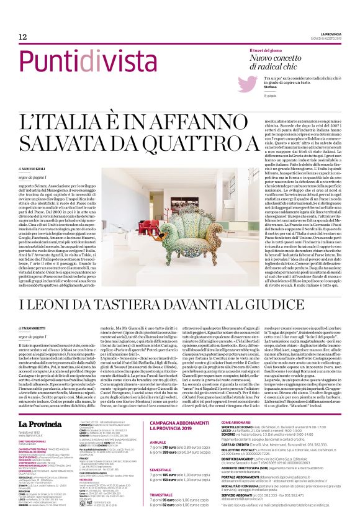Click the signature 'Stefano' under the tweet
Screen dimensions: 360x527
click(264, 86)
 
